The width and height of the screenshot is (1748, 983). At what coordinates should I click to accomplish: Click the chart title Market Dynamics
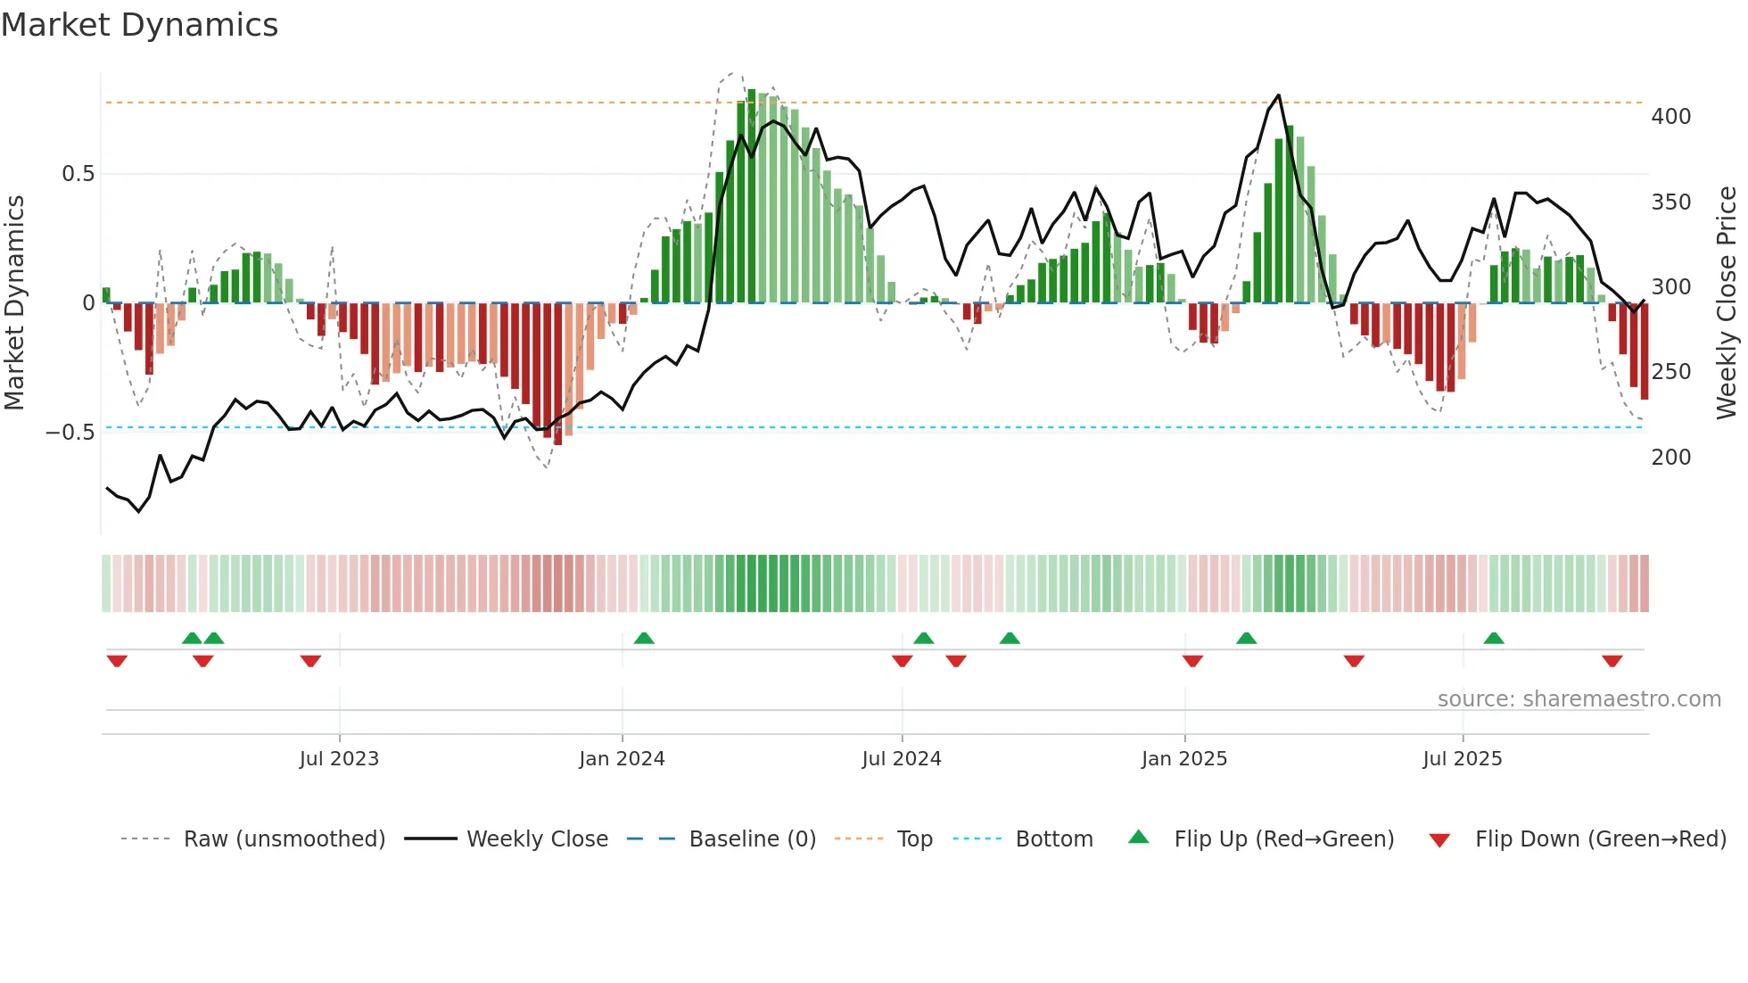pyautogui.click(x=139, y=25)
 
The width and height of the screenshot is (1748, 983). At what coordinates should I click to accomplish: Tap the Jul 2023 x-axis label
pyautogui.click(x=339, y=759)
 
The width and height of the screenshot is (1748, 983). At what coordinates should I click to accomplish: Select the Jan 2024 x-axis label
pyautogui.click(x=622, y=759)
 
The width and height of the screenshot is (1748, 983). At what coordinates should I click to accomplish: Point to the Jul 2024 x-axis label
pyautogui.click(x=902, y=759)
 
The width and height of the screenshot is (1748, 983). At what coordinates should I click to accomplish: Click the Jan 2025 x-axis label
pyautogui.click(x=1184, y=759)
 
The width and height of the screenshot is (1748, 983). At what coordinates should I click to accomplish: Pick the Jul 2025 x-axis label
pyautogui.click(x=1463, y=759)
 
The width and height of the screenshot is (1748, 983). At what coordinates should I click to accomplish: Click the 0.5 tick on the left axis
pyautogui.click(x=78, y=174)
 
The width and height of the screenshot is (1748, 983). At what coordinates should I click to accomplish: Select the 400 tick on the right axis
pyautogui.click(x=1670, y=117)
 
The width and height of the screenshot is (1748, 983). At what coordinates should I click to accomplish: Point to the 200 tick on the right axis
pyautogui.click(x=1670, y=458)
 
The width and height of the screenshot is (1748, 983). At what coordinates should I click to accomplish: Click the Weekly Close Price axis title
pyautogui.click(x=1727, y=303)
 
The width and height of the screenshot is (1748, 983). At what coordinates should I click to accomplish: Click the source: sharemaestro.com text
pyautogui.click(x=1579, y=699)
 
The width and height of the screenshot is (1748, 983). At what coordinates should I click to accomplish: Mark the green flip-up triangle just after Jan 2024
pyautogui.click(x=644, y=638)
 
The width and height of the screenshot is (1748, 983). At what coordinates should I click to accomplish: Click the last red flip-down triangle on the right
pyautogui.click(x=1612, y=661)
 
